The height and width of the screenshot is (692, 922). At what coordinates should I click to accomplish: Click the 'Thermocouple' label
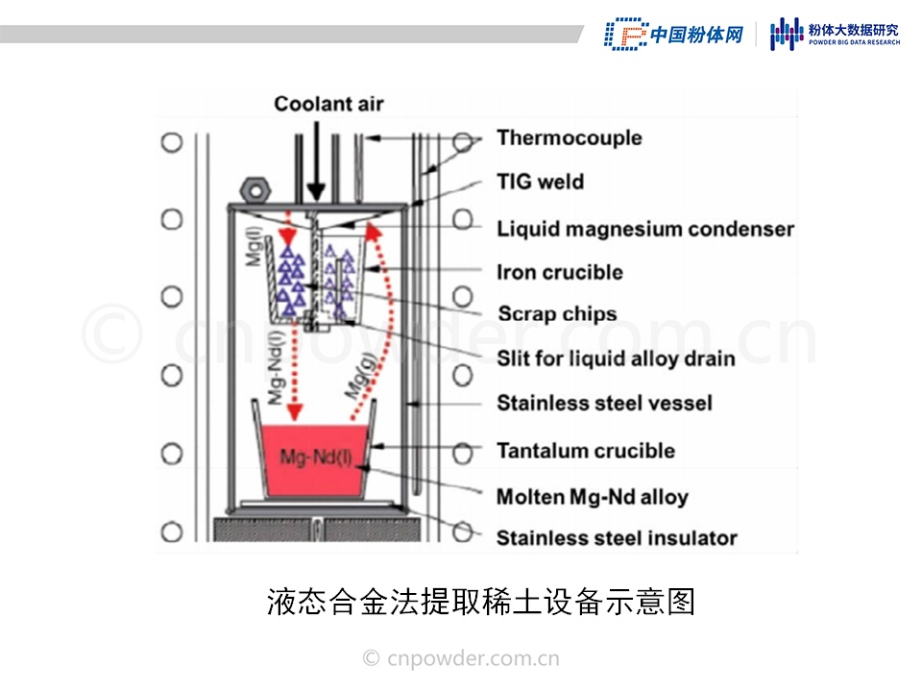[569, 137]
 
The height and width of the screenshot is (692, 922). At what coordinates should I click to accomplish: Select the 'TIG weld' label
[540, 182]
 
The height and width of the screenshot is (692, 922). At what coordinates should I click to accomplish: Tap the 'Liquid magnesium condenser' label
[645, 229]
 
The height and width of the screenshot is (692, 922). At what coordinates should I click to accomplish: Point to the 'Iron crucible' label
[559, 272]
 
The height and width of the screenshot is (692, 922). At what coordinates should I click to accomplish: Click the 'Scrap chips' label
[557, 313]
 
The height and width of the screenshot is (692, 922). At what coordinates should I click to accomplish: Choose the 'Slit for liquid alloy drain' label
[616, 358]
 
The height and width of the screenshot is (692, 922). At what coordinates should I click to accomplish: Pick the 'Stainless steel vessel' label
[604, 403]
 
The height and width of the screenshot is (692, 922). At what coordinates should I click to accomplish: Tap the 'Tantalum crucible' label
[585, 450]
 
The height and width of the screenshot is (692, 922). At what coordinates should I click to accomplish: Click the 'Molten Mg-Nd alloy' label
[592, 497]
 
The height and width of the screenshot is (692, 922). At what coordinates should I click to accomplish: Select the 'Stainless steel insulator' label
[616, 538]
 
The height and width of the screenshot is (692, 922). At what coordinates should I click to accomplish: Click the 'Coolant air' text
[328, 104]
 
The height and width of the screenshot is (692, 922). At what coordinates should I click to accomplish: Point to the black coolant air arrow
[315, 163]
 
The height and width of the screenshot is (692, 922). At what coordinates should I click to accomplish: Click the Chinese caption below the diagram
[480, 602]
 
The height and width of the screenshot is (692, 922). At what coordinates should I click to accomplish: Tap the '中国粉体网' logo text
[697, 35]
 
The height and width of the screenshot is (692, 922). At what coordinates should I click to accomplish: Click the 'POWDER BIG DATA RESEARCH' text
[854, 42]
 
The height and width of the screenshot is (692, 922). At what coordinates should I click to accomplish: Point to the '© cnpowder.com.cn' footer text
[461, 658]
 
